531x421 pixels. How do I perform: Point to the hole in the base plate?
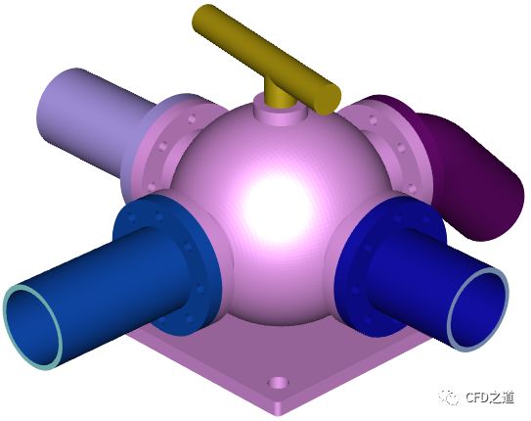279,384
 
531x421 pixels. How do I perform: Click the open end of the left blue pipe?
33,327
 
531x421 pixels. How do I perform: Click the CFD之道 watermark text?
490,397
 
